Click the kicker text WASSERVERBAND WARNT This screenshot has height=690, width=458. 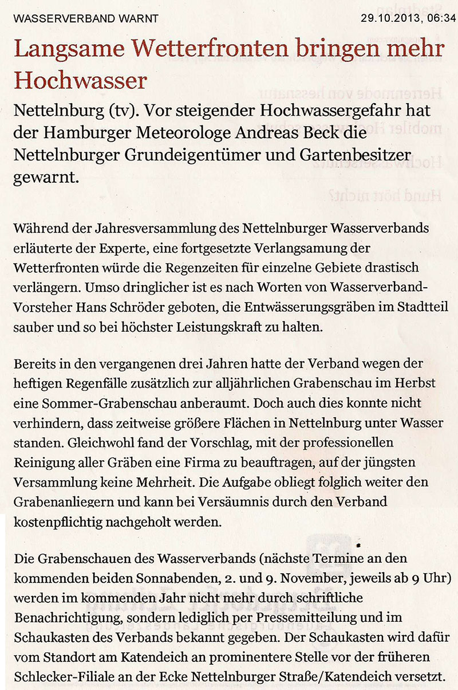pos(85,18)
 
